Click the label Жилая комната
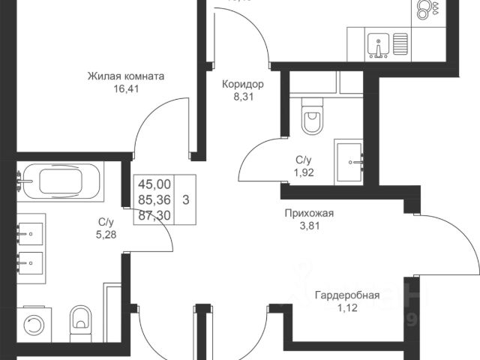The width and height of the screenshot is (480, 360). [126, 76]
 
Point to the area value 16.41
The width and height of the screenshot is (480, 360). [126, 88]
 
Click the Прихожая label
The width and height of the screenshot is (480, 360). [308, 213]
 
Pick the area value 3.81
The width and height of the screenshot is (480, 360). [308, 225]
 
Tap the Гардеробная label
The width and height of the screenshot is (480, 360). [346, 295]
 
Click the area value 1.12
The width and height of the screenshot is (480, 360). [346, 307]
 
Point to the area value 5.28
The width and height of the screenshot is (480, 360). [106, 234]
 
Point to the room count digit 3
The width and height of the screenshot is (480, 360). [185, 199]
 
